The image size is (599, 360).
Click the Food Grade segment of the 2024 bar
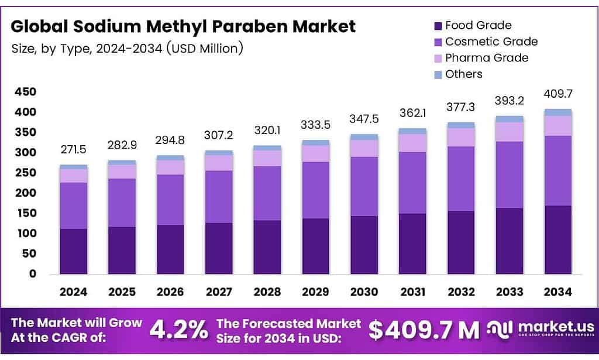(73, 251)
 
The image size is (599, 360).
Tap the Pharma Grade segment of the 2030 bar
(364, 148)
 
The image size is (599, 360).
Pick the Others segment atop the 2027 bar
(218, 153)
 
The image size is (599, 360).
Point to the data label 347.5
(364, 119)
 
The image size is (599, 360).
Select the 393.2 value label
(509, 101)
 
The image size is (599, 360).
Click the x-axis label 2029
(315, 292)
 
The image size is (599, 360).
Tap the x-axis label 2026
(170, 292)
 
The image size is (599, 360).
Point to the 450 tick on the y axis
(26, 92)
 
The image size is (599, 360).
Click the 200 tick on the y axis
(26, 193)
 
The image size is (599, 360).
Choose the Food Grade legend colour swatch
(438, 26)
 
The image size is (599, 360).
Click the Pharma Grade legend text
(486, 57)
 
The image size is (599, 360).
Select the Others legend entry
(463, 74)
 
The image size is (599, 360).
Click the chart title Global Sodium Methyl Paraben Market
(183, 26)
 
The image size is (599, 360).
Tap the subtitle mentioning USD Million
(127, 48)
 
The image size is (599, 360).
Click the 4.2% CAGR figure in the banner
(178, 330)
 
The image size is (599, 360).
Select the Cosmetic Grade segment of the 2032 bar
(460, 179)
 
